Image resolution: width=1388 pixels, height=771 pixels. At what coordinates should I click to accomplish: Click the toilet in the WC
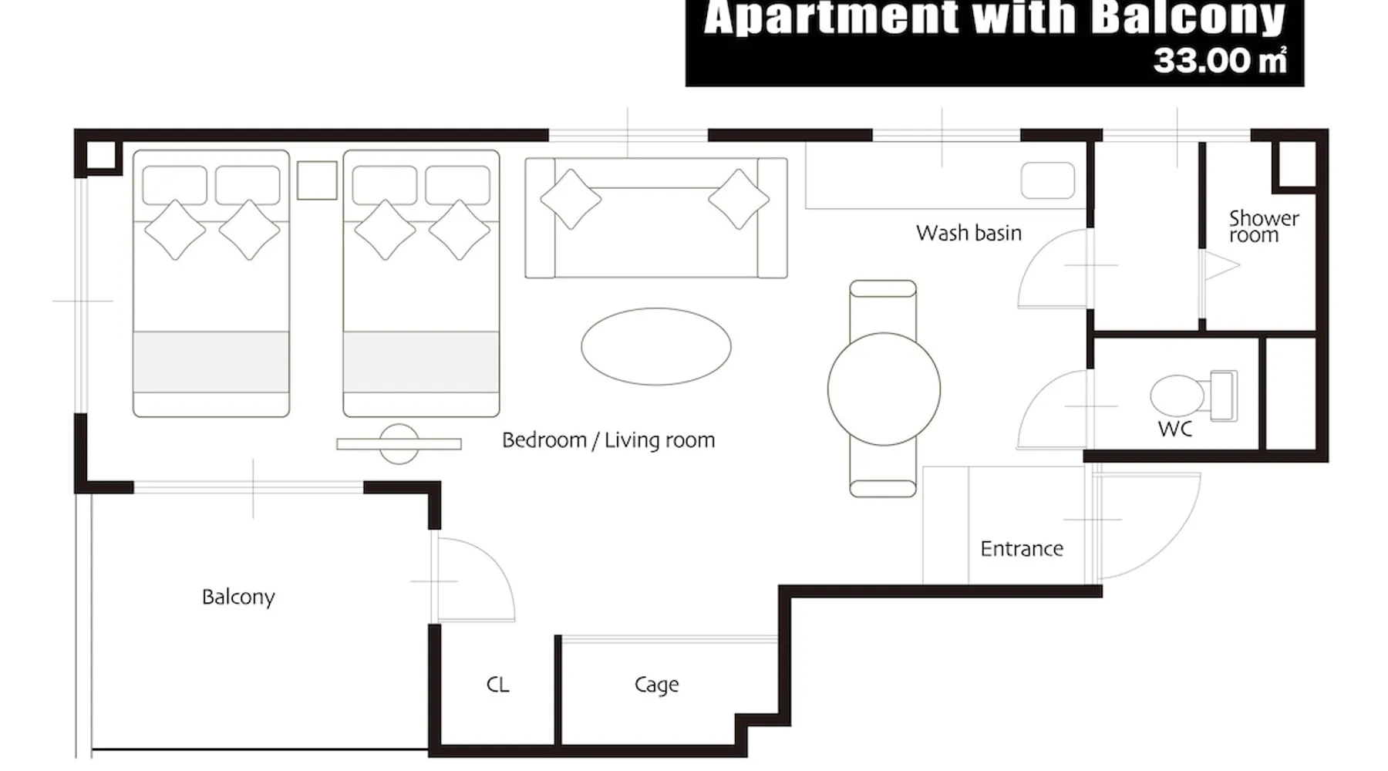1193,396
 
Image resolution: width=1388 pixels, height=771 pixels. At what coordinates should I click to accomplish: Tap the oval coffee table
656,346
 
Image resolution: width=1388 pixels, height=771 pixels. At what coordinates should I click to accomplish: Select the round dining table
884,389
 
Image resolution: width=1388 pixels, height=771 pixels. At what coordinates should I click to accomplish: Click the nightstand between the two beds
317,180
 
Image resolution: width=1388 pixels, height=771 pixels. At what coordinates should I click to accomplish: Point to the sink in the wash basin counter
1048,181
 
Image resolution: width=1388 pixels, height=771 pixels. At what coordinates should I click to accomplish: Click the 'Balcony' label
238,598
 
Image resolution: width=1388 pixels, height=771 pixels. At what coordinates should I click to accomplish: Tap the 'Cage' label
656,685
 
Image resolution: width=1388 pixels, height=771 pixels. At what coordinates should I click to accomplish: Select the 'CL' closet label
497,685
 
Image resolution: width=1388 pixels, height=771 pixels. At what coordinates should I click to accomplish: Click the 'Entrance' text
1022,549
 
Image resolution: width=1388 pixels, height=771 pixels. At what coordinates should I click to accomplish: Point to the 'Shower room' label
1263,227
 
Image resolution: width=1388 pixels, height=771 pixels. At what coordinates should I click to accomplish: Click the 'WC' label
1175,429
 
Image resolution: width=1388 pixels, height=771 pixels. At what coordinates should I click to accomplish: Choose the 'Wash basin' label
969,233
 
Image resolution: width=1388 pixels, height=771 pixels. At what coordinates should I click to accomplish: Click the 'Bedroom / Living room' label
608,440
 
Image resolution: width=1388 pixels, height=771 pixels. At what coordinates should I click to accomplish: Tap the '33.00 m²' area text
1220,61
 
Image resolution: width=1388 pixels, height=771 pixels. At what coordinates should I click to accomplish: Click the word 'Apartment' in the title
830,19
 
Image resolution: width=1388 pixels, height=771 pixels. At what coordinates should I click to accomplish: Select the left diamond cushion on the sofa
571,199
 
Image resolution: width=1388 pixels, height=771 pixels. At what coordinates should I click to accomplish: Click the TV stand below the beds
399,444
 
